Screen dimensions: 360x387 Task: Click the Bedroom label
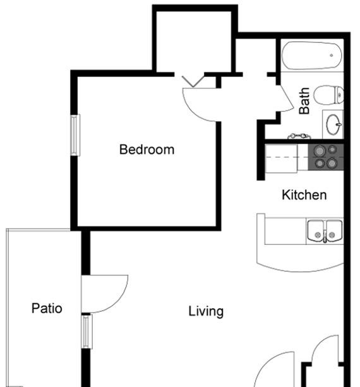pos(147,150)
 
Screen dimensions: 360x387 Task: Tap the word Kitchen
pos(304,195)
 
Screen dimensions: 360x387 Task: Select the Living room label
pos(206,311)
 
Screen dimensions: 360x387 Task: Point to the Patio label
pos(47,308)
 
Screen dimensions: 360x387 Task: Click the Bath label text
pos(304,101)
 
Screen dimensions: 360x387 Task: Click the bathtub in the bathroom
pos(311,56)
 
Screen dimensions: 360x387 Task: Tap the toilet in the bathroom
pos(328,95)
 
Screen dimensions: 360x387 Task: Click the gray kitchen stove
pos(326,157)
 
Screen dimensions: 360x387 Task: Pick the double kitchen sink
pos(325,231)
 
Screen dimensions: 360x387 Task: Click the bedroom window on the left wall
pos(75,135)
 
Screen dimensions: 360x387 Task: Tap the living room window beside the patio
pos(87,331)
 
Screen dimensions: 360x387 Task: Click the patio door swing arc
pos(118,301)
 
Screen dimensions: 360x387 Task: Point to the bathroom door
pos(286,98)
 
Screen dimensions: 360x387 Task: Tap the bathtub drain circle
pos(332,56)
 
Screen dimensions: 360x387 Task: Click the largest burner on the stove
pos(320,151)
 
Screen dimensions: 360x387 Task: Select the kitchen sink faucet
pos(325,237)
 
